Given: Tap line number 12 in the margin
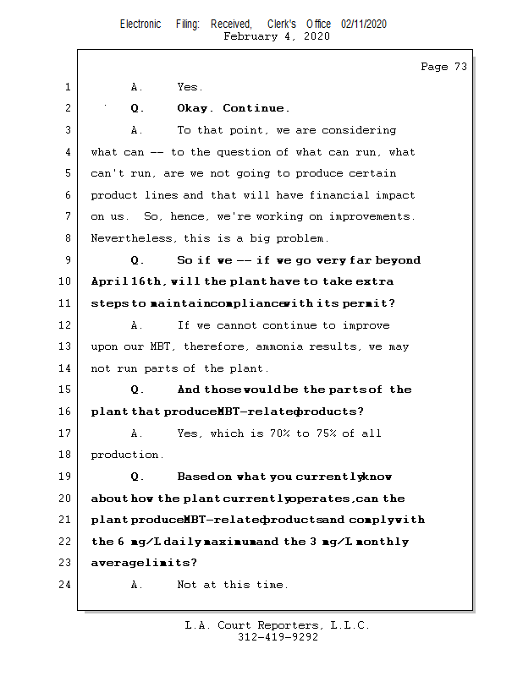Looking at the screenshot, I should coord(67,325).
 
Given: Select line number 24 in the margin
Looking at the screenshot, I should coord(67,585).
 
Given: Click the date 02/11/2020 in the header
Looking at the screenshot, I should coord(364,25).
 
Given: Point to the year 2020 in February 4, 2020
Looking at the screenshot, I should coord(317,36).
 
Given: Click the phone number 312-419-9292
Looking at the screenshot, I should coord(278,638).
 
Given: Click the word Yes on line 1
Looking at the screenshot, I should coord(190,87).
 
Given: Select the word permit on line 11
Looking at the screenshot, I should coord(369,303).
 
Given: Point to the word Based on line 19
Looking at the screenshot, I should coord(196,477).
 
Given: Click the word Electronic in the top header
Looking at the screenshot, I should coord(140,25).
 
